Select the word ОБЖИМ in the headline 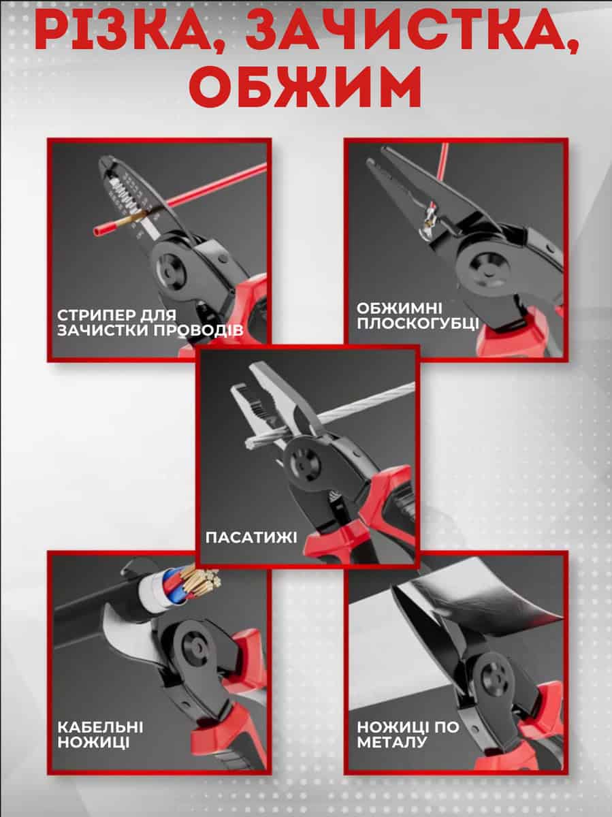pyautogui.click(x=305, y=88)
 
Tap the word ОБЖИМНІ pyautogui.click(x=399, y=308)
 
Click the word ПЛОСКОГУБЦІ pyautogui.click(x=418, y=324)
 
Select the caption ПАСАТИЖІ pyautogui.click(x=251, y=537)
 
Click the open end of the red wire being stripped pyautogui.click(x=98, y=232)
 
